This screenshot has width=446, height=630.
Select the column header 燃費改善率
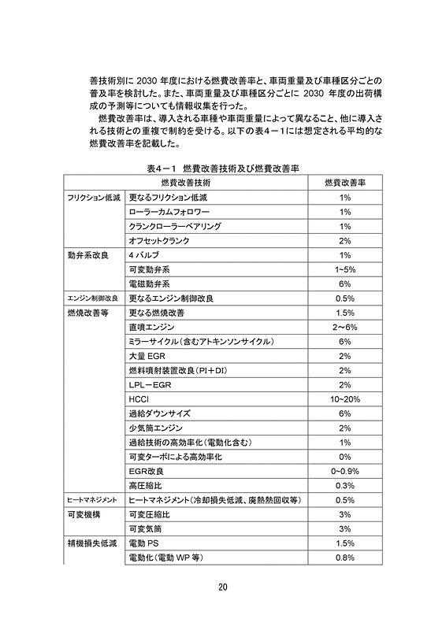(x=344, y=183)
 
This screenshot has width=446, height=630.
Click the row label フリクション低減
(x=93, y=198)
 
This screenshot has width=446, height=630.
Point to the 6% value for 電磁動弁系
(x=344, y=283)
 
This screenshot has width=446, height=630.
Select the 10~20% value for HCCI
(x=344, y=398)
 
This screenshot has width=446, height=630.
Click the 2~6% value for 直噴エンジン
(x=344, y=327)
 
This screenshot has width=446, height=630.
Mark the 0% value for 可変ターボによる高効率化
(x=344, y=457)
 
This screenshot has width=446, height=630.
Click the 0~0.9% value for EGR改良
(x=344, y=471)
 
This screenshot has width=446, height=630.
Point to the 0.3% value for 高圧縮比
(x=344, y=485)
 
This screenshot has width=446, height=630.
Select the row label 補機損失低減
(x=91, y=543)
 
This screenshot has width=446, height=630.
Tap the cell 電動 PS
(x=143, y=543)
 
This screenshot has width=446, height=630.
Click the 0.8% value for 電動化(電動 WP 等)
(x=344, y=558)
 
